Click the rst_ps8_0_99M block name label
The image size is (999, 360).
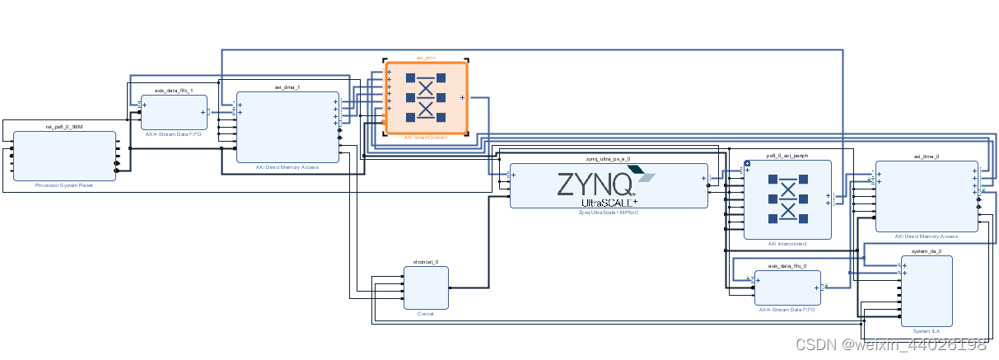pos(63,127)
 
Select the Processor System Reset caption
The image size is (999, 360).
pos(63,185)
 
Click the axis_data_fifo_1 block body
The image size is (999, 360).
pos(173,112)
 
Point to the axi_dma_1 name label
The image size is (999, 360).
pos(287,86)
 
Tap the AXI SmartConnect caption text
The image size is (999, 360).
pos(426,138)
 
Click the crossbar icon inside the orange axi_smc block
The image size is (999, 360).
pos(426,97)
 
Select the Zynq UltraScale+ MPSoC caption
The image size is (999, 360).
pos(608,213)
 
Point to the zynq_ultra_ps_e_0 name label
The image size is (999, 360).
pos(608,158)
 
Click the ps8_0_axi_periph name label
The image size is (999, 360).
pos(787,155)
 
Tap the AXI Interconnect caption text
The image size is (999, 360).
pos(787,244)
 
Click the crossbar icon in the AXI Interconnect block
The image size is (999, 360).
pos(787,199)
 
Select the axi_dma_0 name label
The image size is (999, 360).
pos(927,155)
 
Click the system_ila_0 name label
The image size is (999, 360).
pos(927,250)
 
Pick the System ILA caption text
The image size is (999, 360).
pos(927,330)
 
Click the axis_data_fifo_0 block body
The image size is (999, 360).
pos(787,288)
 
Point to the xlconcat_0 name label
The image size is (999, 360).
pos(426,261)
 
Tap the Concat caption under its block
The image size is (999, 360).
pos(426,314)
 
